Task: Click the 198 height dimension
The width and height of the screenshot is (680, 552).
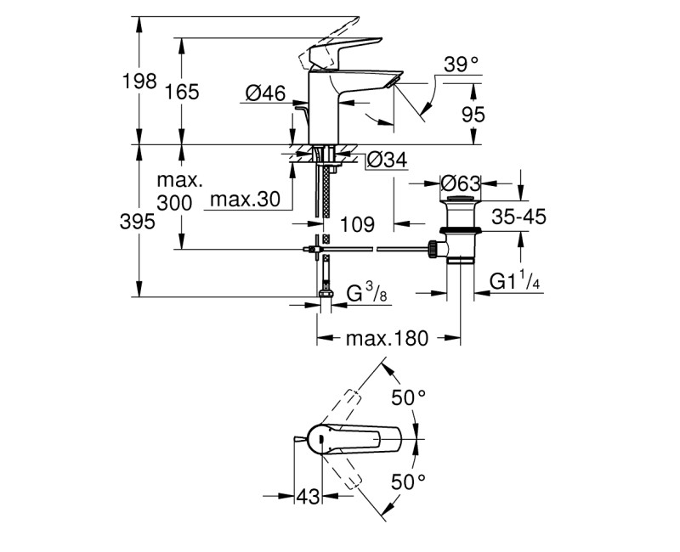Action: coord(139,82)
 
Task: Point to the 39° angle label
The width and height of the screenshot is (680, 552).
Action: coord(462,64)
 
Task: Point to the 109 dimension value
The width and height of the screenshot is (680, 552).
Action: coord(357,225)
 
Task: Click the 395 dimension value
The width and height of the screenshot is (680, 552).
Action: coord(139,222)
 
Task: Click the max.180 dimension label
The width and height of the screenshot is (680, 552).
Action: coord(388,339)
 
